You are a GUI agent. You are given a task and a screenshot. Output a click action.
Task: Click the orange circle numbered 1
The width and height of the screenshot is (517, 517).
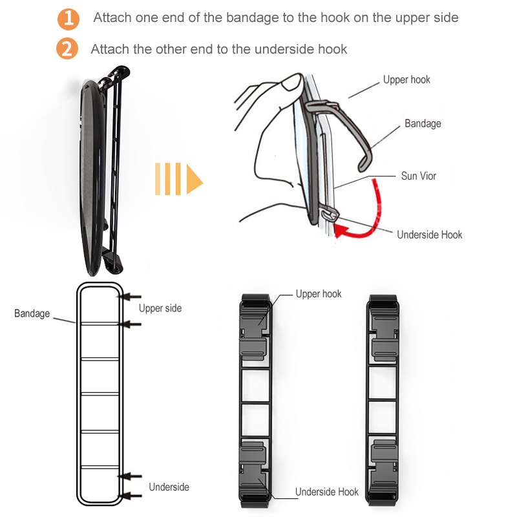[69, 19]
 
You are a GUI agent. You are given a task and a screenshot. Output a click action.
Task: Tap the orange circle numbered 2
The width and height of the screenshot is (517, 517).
[67, 49]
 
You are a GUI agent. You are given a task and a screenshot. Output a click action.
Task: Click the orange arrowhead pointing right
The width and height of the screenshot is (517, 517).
[195, 179]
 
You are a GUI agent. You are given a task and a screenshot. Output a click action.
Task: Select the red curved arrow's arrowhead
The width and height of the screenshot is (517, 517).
[341, 230]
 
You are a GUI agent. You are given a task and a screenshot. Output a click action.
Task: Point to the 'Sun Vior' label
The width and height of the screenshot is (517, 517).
[418, 176]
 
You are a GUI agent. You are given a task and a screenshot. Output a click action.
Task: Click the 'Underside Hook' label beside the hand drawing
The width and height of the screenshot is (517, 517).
[429, 235]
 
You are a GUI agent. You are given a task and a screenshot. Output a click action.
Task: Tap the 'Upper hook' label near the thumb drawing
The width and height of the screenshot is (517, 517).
[406, 79]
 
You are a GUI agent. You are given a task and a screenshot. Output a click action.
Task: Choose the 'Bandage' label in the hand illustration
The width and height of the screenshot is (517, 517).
[423, 123]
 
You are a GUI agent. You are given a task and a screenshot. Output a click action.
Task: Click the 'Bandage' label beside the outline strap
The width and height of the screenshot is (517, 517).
[32, 313]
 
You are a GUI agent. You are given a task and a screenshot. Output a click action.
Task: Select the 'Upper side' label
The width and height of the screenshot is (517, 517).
[160, 308]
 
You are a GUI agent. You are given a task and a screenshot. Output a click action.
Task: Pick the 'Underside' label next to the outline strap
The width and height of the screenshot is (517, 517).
[169, 487]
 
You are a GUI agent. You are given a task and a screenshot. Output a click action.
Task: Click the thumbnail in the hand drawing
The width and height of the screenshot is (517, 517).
[292, 83]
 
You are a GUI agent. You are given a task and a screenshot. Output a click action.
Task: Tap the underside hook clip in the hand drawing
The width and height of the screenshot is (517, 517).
[330, 214]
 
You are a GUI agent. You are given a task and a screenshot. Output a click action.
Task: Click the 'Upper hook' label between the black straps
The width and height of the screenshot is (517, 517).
[319, 294]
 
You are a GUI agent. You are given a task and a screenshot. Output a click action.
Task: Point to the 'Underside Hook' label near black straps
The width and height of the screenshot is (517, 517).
[327, 492]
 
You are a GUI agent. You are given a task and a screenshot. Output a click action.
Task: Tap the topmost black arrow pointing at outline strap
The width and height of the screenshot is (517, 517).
[130, 297]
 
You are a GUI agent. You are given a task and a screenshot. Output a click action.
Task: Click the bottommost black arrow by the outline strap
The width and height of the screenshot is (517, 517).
[131, 496]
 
